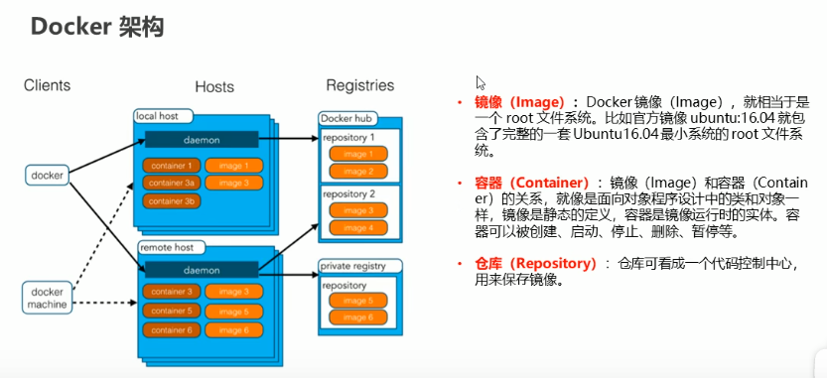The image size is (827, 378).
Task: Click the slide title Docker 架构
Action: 96,28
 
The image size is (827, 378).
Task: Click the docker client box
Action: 47,176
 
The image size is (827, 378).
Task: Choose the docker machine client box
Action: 47,298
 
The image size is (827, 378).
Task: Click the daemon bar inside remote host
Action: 202,269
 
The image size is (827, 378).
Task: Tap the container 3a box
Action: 173,183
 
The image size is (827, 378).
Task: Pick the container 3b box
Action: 173,201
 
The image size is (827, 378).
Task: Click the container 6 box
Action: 173,328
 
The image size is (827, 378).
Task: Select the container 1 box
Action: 173,165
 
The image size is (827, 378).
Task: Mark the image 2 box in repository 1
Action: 358,171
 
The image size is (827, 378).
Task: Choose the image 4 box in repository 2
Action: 358,228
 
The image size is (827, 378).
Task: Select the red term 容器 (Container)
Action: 531,184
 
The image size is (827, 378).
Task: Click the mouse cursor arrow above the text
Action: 481,83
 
